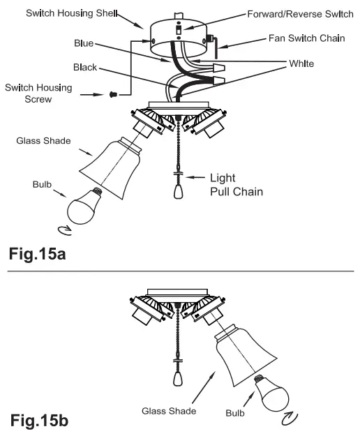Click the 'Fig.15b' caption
(39, 421)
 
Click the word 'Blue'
(84, 43)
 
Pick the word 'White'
(301, 63)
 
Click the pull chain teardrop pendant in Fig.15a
(177, 190)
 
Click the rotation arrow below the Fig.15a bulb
(63, 229)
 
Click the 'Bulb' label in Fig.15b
(234, 412)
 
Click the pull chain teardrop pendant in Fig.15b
(177, 377)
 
